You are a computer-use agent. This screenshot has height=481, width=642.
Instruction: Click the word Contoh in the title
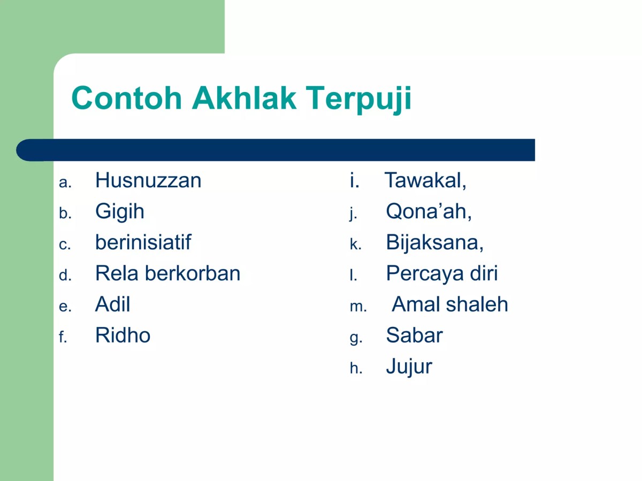pos(126,98)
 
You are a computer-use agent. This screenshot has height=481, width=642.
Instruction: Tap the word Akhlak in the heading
pos(244,98)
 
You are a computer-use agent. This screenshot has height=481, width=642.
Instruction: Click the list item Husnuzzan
pos(148,181)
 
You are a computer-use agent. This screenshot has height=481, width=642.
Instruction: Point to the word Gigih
pos(120,212)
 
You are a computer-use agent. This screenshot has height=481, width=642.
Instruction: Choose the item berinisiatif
pos(143,243)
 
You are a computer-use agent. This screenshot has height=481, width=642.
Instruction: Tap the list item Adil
pos(112,304)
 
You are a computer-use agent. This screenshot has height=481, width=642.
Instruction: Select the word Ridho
pos(123,335)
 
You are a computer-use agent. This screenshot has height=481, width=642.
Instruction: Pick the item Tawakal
pos(425,181)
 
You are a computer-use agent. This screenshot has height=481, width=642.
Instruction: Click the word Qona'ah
pos(428,212)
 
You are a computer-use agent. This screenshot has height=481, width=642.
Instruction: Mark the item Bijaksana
pos(434,243)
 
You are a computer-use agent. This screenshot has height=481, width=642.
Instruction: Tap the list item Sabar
pos(414,335)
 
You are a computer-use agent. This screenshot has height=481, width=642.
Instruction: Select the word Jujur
pos(409,367)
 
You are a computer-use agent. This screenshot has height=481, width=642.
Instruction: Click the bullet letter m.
pos(357,307)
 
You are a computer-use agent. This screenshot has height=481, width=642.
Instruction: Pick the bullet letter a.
pos(65,183)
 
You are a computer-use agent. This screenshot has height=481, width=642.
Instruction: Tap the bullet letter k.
pos(355,245)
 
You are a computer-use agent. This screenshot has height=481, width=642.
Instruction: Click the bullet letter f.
pos(63,338)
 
